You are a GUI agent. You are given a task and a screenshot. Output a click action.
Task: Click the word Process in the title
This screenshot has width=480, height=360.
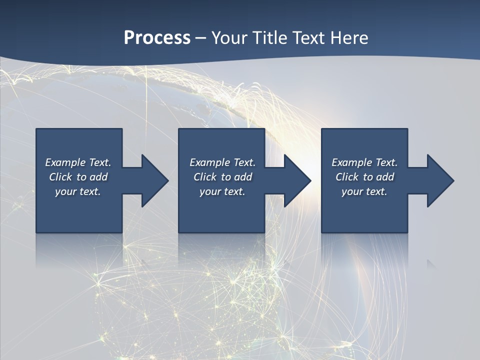coord(157,38)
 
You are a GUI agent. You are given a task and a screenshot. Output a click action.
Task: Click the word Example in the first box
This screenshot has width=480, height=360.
coord(65,162)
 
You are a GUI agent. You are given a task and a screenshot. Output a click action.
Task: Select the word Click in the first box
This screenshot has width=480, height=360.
coord(61,177)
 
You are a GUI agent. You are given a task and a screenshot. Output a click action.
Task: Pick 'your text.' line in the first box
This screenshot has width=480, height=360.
coord(78,191)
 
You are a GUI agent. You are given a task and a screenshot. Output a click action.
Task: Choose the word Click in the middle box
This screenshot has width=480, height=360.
coord(205,177)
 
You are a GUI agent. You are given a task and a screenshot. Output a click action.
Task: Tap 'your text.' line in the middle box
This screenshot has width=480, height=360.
coord(222,191)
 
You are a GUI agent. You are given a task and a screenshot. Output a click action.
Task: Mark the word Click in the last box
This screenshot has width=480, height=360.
coord(347,177)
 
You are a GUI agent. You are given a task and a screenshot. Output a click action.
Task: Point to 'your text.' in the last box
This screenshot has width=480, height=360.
coord(364,191)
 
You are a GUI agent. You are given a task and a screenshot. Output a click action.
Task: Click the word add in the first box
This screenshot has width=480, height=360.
coord(98,177)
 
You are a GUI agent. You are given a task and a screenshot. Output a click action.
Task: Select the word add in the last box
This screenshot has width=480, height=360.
coord(385,177)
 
